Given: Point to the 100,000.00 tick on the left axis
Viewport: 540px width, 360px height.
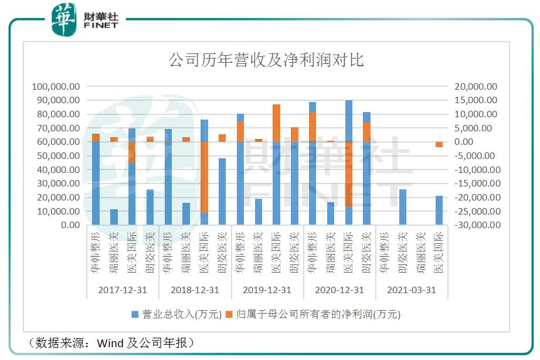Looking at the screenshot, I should pyautogui.click(x=56, y=86).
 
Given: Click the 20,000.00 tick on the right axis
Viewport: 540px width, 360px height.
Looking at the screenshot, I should pyautogui.click(x=476, y=86).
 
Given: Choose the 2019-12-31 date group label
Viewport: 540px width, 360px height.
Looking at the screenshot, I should pyautogui.click(x=267, y=290).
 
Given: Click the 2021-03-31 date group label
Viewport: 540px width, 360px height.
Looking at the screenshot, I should pyautogui.click(x=411, y=290).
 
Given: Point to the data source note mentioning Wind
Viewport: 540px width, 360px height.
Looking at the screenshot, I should pyautogui.click(x=111, y=342).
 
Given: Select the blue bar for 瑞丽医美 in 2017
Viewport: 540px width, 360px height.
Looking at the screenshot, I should pyautogui.click(x=114, y=217).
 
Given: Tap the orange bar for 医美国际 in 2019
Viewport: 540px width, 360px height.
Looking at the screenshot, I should pyautogui.click(x=276, y=123).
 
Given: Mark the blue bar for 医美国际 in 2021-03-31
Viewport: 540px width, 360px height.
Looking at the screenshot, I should pyautogui.click(x=439, y=210).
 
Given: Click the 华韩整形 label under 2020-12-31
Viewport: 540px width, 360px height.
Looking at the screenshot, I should pyautogui.click(x=313, y=252).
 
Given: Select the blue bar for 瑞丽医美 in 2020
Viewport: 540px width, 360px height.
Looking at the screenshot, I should pyautogui.click(x=330, y=213).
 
